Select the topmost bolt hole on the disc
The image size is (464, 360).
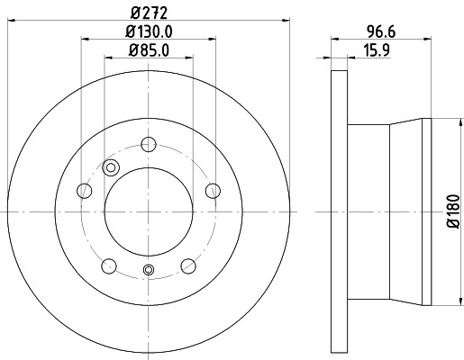tap(150, 143)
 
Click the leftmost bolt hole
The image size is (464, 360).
tap(85, 190)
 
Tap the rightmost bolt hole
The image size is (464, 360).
tap(214, 190)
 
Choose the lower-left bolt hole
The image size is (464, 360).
tap(110, 265)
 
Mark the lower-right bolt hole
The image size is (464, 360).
tap(189, 265)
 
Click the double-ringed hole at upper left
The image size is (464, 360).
tap(112, 166)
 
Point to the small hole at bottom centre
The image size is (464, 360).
tap(150, 271)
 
